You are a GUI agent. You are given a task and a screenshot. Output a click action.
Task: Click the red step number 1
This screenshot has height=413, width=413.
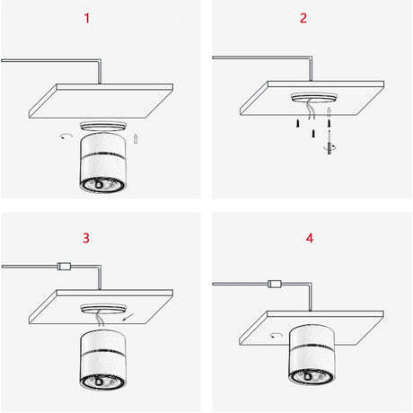87,18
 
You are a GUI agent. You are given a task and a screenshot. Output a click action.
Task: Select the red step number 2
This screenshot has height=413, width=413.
303,18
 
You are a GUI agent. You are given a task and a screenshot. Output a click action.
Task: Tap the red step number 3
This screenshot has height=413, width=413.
86,238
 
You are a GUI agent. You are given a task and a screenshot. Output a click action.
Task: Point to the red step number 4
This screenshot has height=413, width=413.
310,238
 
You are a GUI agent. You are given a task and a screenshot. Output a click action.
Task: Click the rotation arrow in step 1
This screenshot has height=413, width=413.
66,136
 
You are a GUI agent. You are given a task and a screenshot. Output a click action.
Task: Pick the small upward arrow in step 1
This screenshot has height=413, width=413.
136,138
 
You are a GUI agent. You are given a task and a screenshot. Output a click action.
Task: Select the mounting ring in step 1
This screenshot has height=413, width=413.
102,126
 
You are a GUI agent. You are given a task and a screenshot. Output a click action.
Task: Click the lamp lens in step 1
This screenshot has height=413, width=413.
102,185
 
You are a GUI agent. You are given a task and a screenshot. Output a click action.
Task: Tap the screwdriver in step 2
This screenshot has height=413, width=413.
330,143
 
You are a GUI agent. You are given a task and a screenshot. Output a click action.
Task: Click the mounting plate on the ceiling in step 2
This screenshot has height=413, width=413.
314,98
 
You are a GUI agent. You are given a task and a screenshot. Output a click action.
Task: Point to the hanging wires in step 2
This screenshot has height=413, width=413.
312,110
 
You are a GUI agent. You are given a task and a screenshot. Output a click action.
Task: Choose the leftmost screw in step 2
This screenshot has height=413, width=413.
298,123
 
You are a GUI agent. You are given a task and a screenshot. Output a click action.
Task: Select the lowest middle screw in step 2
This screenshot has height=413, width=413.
313,134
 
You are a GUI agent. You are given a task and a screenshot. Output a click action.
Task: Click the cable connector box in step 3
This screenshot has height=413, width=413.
64,266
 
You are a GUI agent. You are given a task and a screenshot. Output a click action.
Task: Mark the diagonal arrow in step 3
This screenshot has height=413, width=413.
128,317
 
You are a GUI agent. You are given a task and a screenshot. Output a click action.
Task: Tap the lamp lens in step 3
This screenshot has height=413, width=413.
102,382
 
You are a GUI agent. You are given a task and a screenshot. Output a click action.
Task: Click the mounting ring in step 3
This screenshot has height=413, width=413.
103,309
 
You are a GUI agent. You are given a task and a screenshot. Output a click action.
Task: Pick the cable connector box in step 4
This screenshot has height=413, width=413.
275,284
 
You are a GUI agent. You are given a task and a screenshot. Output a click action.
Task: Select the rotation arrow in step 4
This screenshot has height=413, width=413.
277,335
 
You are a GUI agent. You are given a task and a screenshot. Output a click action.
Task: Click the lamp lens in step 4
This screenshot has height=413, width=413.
312,376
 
